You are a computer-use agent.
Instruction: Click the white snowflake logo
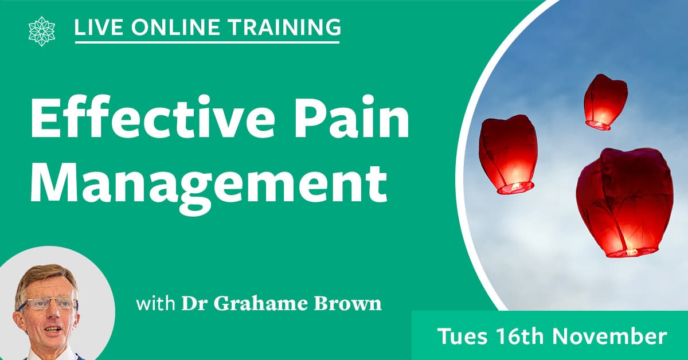point(42,32)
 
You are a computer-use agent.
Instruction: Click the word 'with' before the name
point(156,303)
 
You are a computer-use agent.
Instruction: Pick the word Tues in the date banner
point(462,336)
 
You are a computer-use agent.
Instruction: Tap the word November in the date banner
point(609,336)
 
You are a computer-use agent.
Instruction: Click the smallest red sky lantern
point(605,102)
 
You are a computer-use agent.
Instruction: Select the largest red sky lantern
point(625,203)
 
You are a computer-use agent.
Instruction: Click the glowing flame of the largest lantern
point(631,252)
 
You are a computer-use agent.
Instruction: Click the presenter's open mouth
point(53,330)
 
